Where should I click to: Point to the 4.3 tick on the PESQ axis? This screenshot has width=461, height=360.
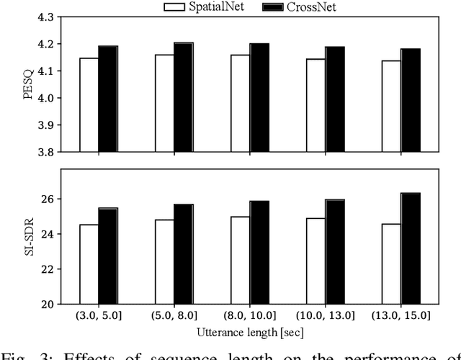pyautogui.click(x=45, y=17)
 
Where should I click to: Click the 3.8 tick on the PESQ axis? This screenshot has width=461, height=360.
pyautogui.click(x=45, y=152)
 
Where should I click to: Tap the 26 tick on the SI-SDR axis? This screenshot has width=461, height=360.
pyautogui.click(x=50, y=199)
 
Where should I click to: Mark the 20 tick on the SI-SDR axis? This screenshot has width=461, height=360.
pyautogui.click(x=50, y=305)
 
